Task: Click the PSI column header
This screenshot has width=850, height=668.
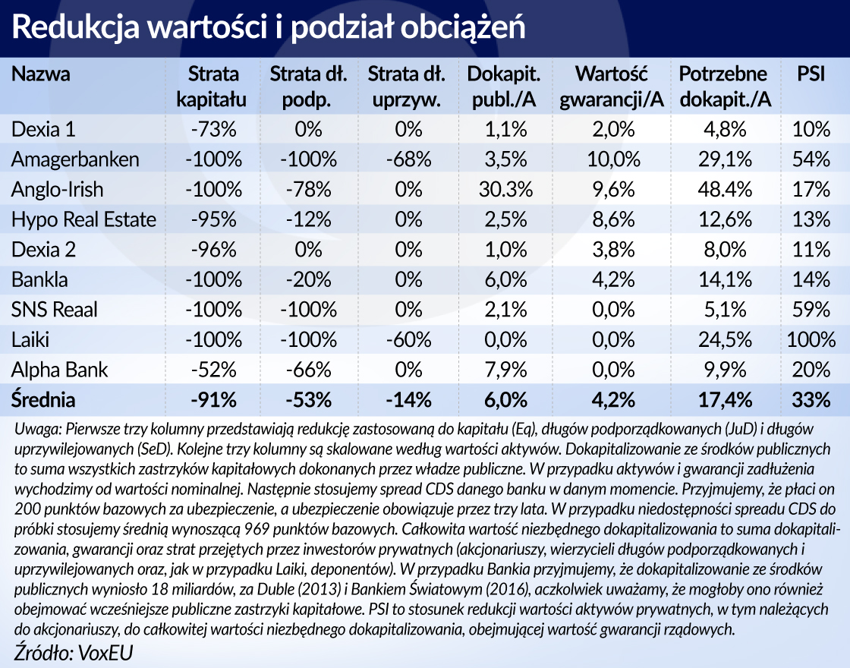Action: (x=811, y=74)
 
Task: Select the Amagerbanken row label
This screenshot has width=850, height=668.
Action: (x=75, y=159)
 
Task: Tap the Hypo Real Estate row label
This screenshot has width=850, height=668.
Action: (x=83, y=219)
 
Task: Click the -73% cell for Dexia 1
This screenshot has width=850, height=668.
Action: (x=213, y=130)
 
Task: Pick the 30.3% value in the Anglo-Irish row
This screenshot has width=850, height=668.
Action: (x=504, y=190)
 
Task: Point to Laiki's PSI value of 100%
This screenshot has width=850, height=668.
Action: (x=811, y=339)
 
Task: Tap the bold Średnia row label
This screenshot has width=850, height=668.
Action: (x=44, y=399)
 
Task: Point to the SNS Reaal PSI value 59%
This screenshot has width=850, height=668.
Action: (x=811, y=310)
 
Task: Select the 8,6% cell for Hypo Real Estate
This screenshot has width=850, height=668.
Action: (x=612, y=219)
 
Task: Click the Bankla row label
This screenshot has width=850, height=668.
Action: (x=39, y=279)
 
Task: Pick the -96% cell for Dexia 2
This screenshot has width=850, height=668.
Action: (x=213, y=250)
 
